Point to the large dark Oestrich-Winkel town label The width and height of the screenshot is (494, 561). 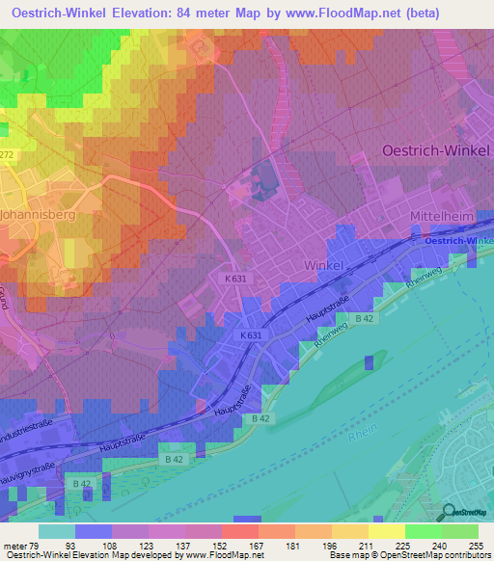pyautogui.click(x=436, y=151)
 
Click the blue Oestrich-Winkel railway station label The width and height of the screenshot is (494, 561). pyautogui.click(x=457, y=241)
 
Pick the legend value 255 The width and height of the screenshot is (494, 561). pyautogui.click(x=473, y=545)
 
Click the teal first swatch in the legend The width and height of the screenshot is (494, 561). pyautogui.click(x=57, y=531)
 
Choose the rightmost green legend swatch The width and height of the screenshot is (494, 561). pyautogui.click(x=460, y=531)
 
